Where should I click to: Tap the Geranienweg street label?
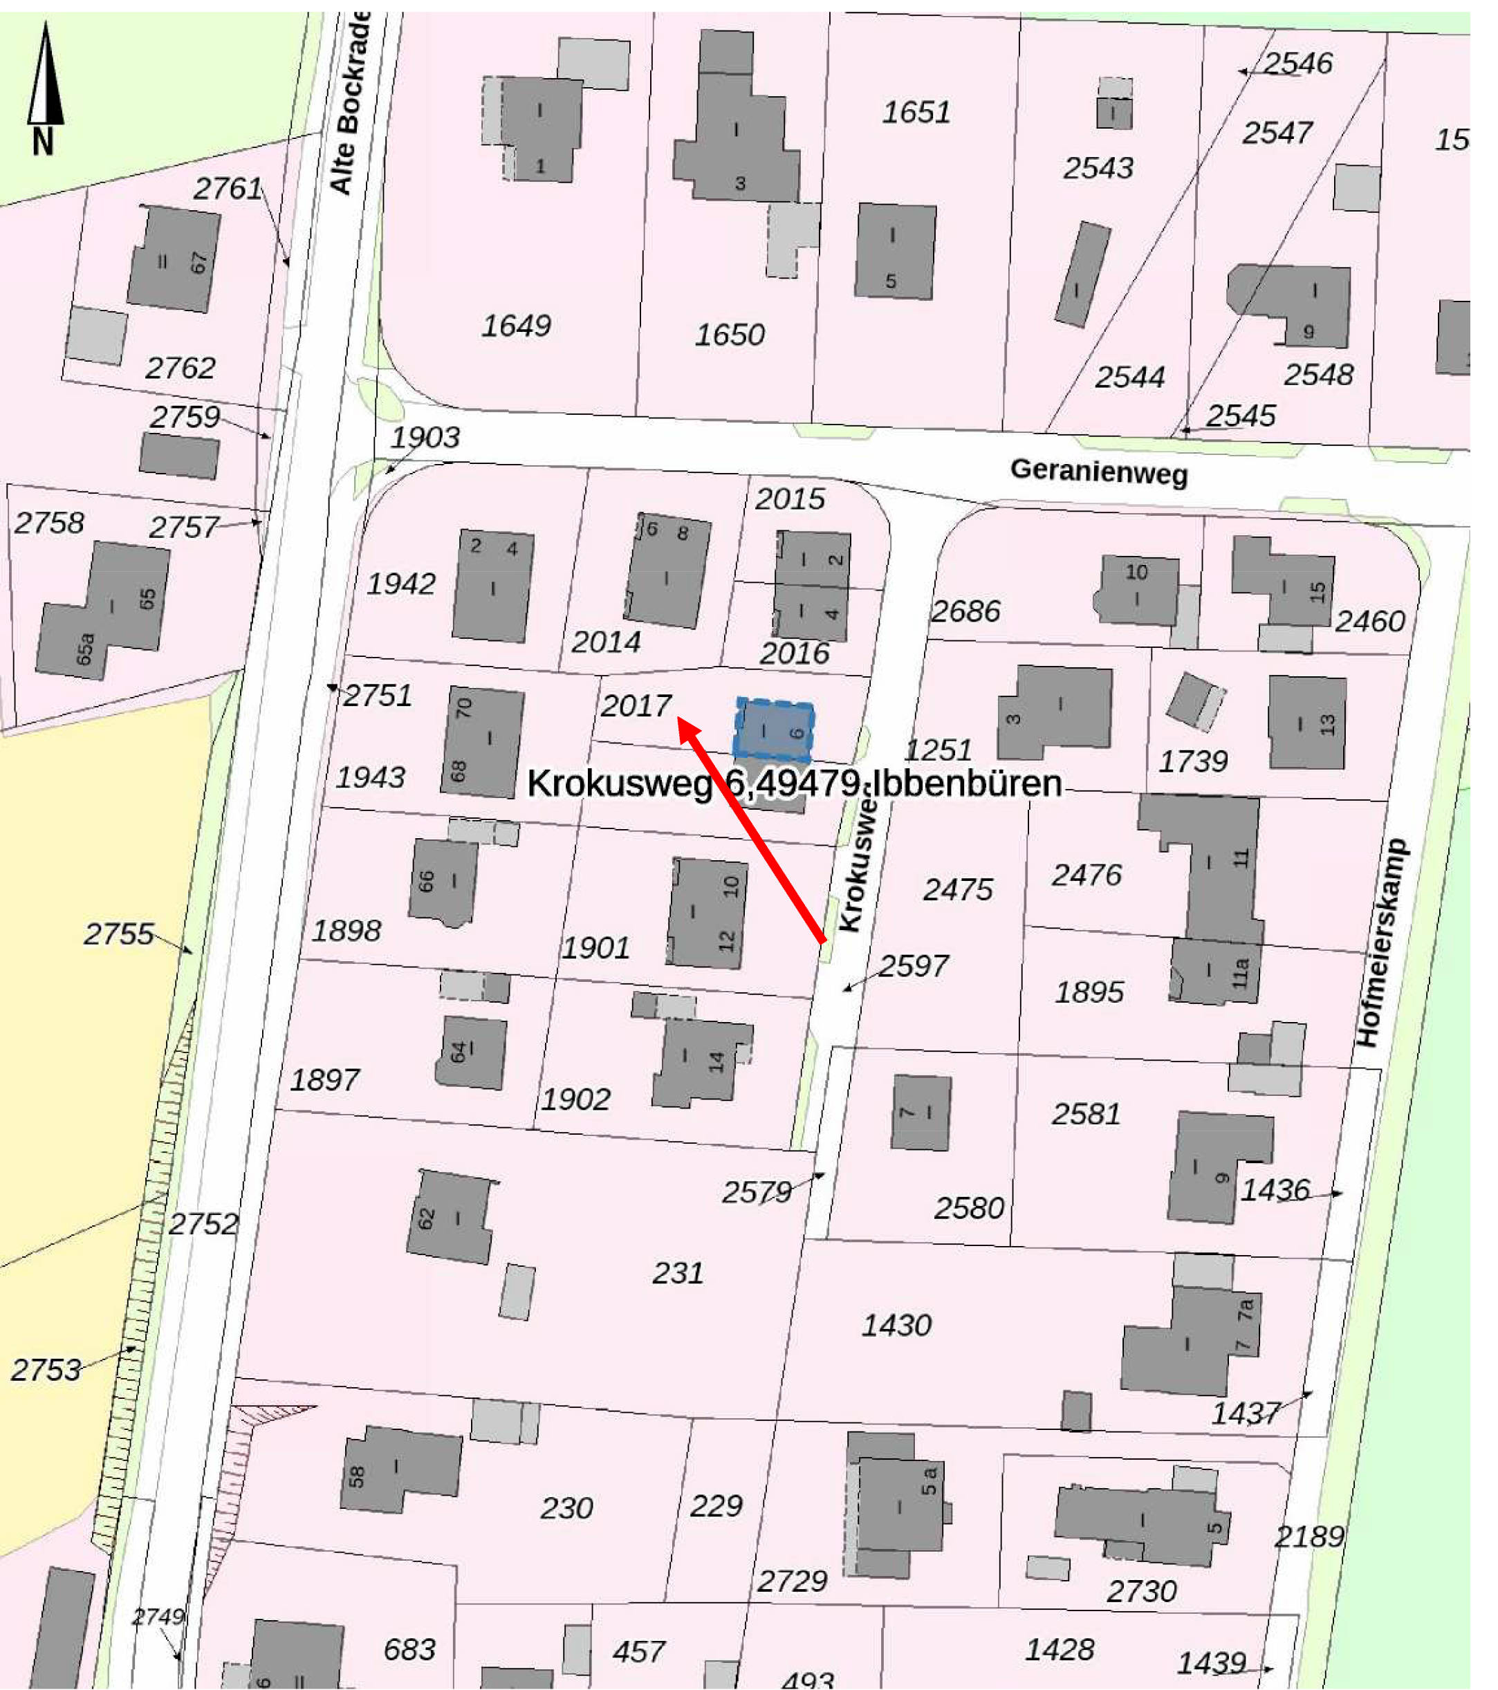click(x=1098, y=472)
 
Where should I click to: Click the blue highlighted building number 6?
click(x=774, y=730)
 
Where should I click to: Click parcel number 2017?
click(x=636, y=705)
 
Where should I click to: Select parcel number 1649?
click(x=516, y=326)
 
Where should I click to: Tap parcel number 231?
click(x=678, y=1273)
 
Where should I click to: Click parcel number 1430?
click(x=896, y=1326)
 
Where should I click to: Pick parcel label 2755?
click(x=118, y=934)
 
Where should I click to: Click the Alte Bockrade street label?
click(x=349, y=103)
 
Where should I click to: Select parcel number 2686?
click(x=965, y=611)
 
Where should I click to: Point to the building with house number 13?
click(x=1307, y=722)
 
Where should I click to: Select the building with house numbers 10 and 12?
click(x=708, y=913)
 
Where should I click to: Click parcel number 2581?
click(x=1086, y=1115)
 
